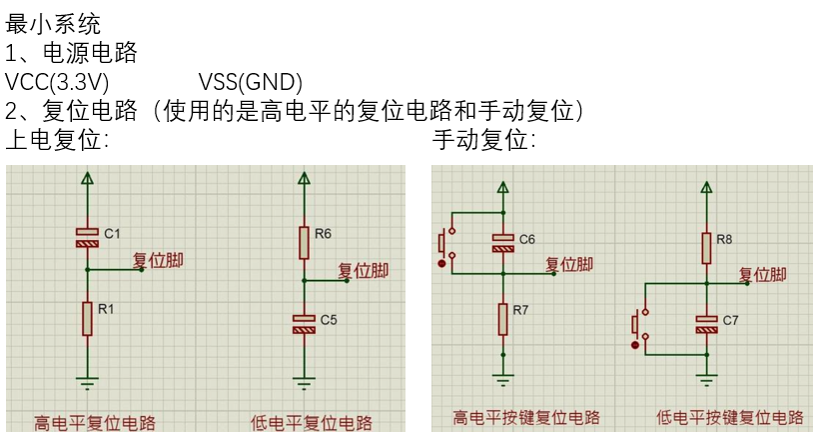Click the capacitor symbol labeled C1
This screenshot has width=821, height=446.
pyautogui.click(x=88, y=237)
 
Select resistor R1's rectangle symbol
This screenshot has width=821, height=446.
pyautogui.click(x=88, y=318)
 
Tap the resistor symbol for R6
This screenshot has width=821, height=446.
pyautogui.click(x=303, y=241)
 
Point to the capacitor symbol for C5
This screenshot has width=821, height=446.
pyautogui.click(x=303, y=323)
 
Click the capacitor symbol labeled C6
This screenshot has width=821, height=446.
pyautogui.click(x=503, y=241)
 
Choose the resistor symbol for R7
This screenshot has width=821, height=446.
pyautogui.click(x=503, y=318)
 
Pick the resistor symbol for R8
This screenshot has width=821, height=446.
pyautogui.click(x=706, y=247)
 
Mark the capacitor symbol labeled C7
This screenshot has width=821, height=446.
pyautogui.click(x=706, y=322)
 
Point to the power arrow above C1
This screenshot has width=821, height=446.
pyautogui.click(x=88, y=179)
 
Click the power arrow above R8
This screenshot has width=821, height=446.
pyautogui.click(x=706, y=186)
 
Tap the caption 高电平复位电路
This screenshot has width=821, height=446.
pyautogui.click(x=95, y=422)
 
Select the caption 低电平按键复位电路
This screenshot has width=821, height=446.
pyautogui.click(x=729, y=418)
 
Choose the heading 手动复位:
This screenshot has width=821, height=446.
pyautogui.click(x=484, y=140)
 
